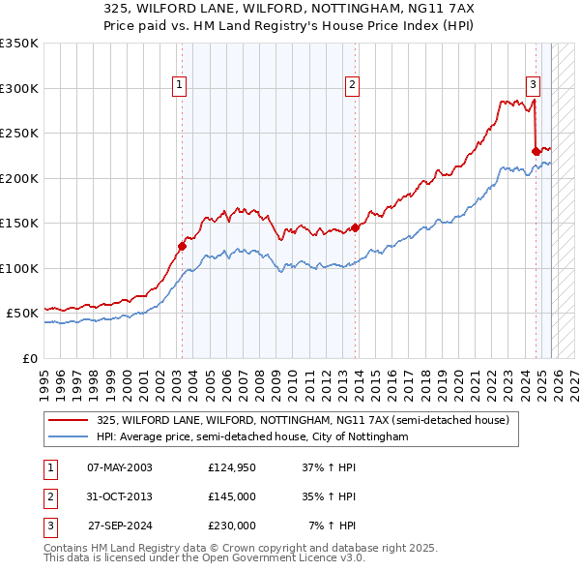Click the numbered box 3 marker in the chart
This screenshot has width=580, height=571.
tap(533, 84)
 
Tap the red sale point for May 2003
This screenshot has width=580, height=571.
tap(182, 246)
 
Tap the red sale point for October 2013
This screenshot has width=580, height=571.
tap(355, 227)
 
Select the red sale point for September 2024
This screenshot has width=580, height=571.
tap(536, 151)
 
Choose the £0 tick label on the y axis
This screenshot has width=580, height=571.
tap(29, 358)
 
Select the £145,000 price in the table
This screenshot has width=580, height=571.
tap(232, 496)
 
